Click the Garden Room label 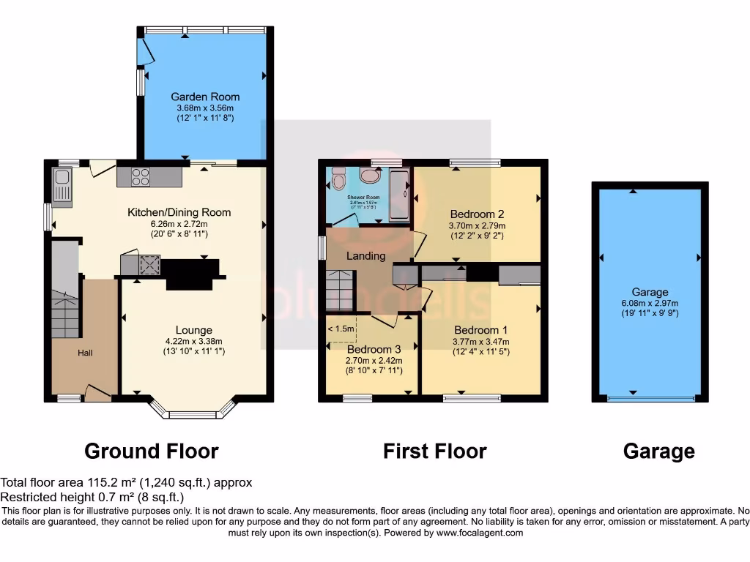click(205, 97)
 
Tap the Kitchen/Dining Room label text click(179, 212)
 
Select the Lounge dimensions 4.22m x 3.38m click(193, 341)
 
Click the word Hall click(86, 353)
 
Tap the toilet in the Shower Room click(338, 178)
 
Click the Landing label click(365, 255)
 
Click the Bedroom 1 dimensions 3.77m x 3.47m click(481, 341)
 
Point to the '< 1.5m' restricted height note click(341, 329)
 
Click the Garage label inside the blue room click(650, 292)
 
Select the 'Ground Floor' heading click(152, 451)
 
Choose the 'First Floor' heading click(434, 451)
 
